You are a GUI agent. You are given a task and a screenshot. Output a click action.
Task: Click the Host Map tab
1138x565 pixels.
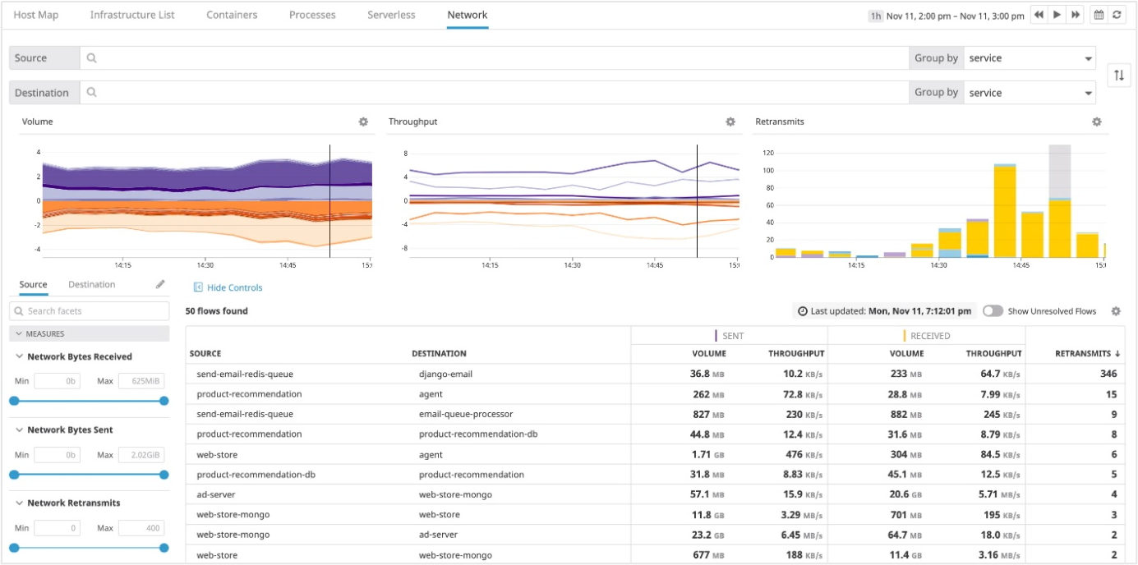pos(35,15)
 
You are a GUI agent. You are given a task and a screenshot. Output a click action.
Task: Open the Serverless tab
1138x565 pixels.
pos(391,15)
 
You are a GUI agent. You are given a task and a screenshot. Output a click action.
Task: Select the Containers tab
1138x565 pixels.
pos(232,15)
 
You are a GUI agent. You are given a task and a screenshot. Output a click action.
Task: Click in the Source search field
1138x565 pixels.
pos(493,58)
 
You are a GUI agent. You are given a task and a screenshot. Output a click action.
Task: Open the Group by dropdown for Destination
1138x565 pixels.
pos(1030,93)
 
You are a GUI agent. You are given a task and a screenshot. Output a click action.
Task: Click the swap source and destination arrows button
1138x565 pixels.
pos(1118,76)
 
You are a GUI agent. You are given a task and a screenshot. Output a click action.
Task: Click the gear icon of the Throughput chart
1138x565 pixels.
pos(730,122)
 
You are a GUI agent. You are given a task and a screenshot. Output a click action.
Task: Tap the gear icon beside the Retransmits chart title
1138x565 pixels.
pos(1096,122)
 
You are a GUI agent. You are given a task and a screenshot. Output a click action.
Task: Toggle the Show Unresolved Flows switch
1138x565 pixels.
pos(993,311)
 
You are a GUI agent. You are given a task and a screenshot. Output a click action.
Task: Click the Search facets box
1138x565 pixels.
pos(90,311)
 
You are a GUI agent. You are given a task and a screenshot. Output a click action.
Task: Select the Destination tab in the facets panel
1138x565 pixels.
pos(91,284)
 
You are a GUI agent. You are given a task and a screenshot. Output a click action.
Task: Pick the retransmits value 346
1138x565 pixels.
pos(1108,374)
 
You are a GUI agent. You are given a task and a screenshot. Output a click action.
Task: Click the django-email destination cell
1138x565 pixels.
pos(445,374)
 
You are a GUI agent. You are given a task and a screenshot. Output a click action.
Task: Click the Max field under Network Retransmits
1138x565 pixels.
pos(141,528)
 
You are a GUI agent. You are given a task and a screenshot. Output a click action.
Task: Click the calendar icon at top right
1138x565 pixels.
pos(1099,15)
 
